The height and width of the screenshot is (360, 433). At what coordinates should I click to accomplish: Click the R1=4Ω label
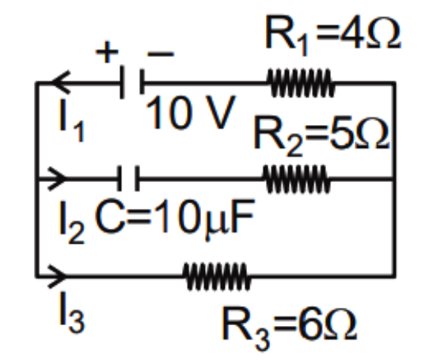pyautogui.click(x=332, y=36)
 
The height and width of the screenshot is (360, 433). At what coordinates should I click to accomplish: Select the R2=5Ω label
pyautogui.click(x=321, y=136)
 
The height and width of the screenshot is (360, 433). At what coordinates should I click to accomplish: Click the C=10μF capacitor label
pyautogui.click(x=174, y=218)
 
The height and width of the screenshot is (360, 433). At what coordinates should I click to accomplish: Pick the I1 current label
pyautogui.click(x=71, y=120)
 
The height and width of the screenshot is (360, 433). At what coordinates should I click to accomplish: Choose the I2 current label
pyautogui.click(x=72, y=222)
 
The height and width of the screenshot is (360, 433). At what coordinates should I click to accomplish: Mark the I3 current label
pyautogui.click(x=72, y=312)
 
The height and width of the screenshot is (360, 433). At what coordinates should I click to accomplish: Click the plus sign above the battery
pyautogui.click(x=107, y=52)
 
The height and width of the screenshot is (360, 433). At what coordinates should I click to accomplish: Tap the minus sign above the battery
pyautogui.click(x=161, y=54)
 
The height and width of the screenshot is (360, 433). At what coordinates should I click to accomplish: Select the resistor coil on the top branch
pyautogui.click(x=301, y=82)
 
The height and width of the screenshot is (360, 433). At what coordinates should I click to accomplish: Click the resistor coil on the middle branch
pyautogui.click(x=296, y=179)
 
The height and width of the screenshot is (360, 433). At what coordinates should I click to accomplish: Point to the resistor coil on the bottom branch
pyautogui.click(x=217, y=276)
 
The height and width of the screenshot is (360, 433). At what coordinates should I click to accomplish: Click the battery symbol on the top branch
pyautogui.click(x=132, y=82)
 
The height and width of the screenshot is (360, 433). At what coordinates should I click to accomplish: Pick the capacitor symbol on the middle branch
pyautogui.click(x=128, y=178)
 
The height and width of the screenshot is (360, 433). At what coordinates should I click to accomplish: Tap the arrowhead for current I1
pyautogui.click(x=61, y=82)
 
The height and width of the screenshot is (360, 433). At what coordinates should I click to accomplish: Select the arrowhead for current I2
pyautogui.click(x=57, y=178)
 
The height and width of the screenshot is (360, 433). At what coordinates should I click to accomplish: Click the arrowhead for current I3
pyautogui.click(x=57, y=276)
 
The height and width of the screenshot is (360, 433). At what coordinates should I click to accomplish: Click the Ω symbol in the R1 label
pyautogui.click(x=384, y=34)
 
